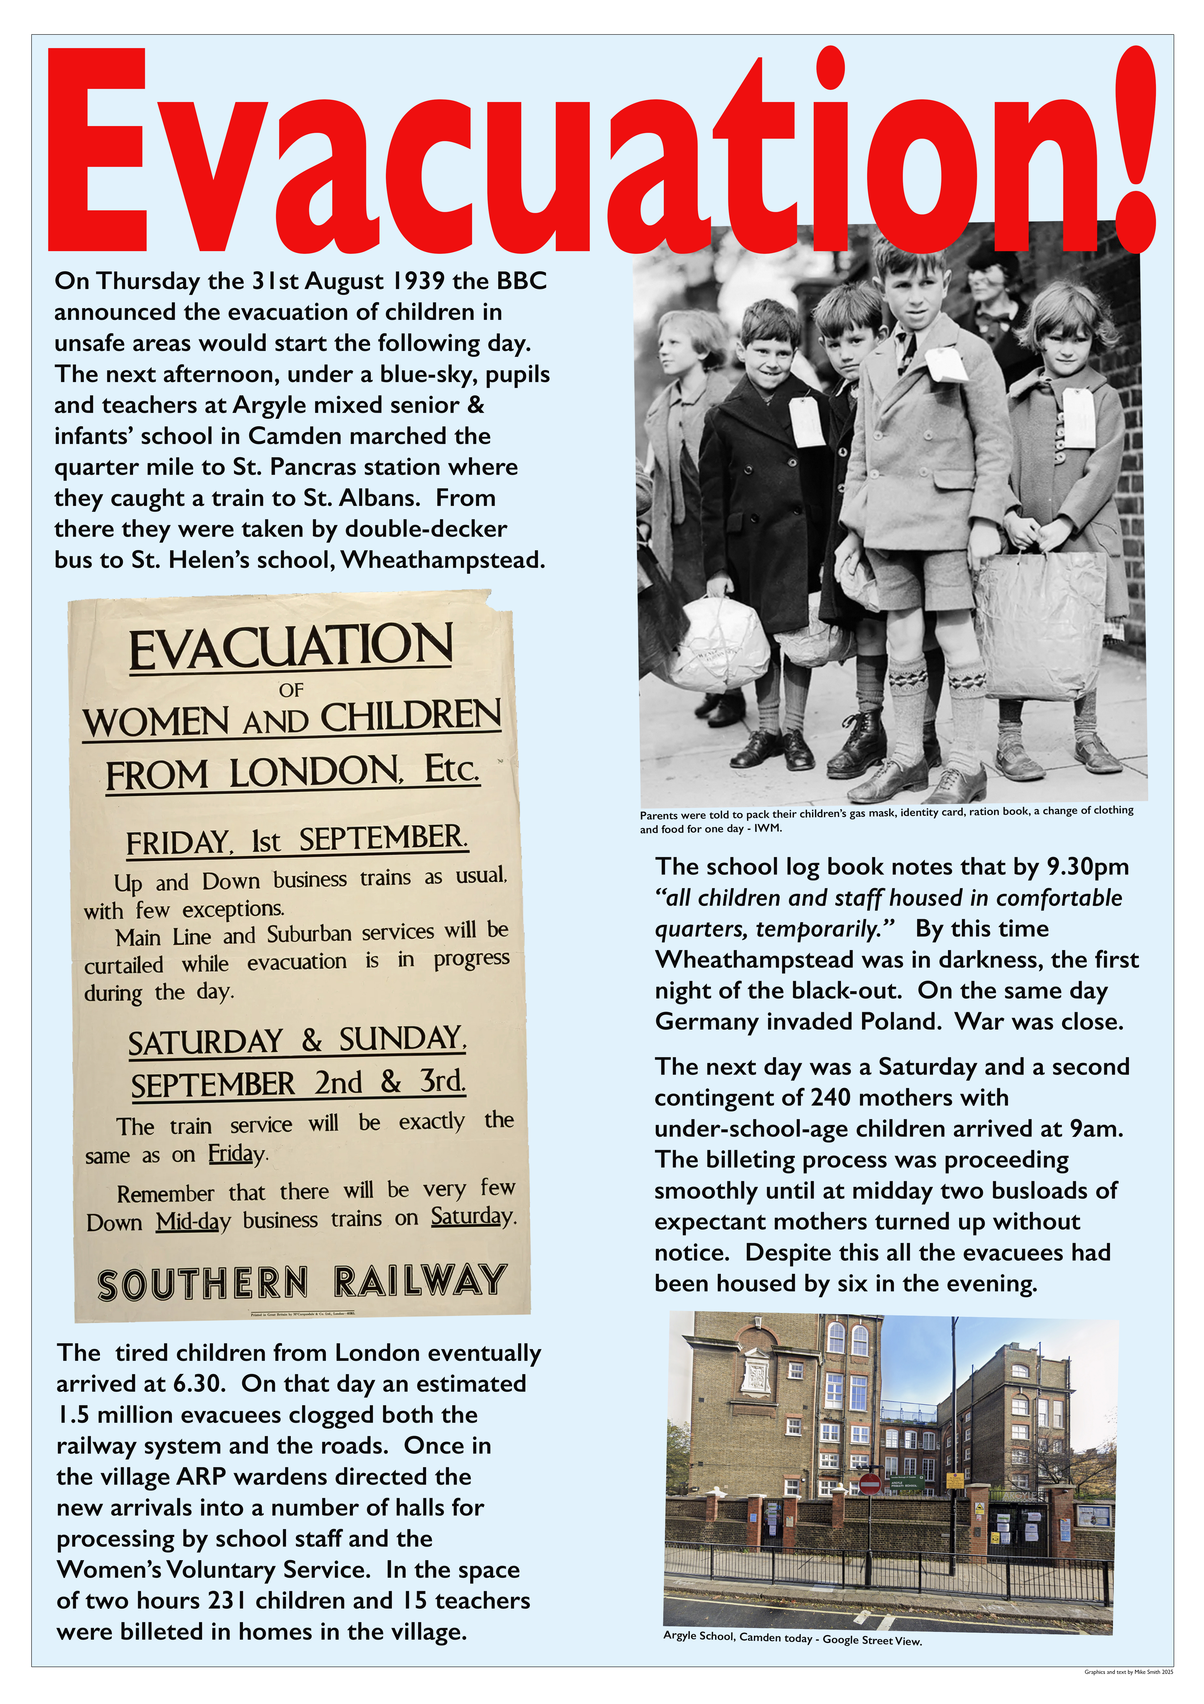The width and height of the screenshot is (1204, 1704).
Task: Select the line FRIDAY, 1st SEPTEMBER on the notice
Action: point(297,840)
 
